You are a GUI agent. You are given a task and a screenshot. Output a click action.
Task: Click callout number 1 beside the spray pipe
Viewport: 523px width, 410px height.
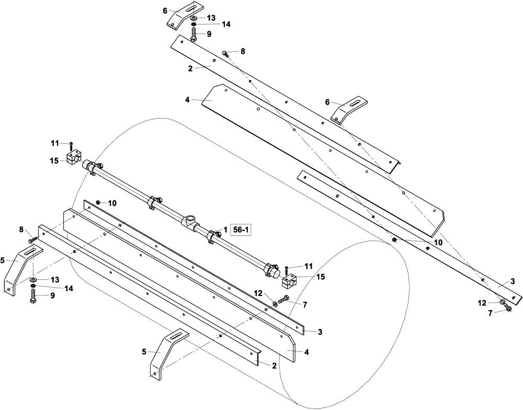225,230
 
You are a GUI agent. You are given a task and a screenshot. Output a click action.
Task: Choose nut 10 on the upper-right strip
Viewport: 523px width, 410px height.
395,241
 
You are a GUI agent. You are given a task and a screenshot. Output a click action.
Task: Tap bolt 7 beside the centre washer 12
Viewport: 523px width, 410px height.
282,300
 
